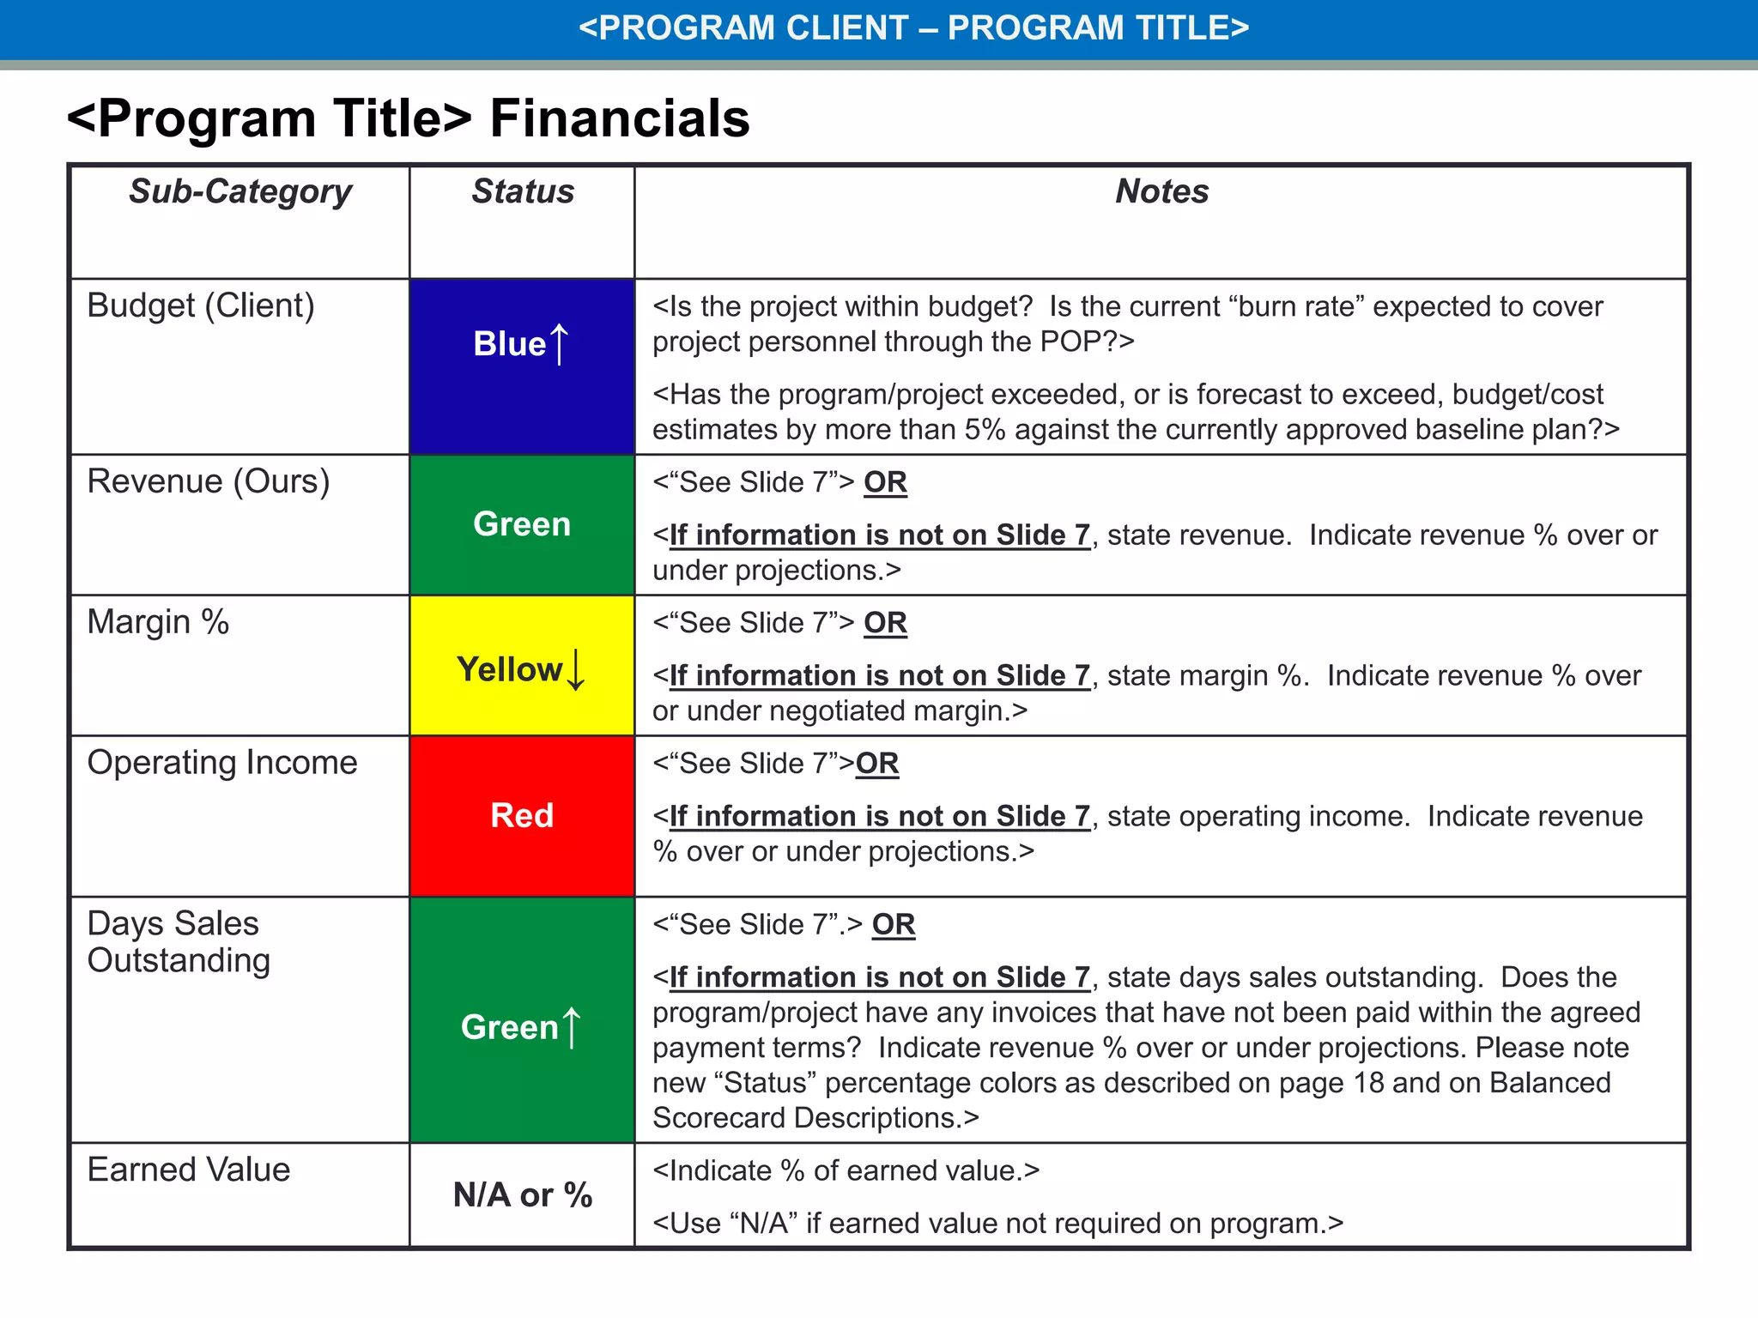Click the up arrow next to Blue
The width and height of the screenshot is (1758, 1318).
pos(559,344)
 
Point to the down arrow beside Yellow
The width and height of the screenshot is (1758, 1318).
pos(576,670)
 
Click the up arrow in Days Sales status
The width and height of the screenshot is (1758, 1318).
pos(572,1027)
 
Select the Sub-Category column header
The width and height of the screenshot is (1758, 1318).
pos(240,191)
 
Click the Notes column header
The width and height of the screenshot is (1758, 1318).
pos(1161,191)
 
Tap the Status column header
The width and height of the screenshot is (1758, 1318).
pos(522,191)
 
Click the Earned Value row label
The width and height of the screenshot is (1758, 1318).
pos(189,1170)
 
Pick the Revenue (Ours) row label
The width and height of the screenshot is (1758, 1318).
pos(209,481)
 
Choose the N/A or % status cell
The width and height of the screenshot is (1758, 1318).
pos(522,1195)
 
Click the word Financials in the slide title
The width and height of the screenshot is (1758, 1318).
pos(619,118)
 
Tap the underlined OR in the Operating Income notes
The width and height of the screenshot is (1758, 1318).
pos(877,764)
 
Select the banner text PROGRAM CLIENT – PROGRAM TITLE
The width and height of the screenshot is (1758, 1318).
pos(913,28)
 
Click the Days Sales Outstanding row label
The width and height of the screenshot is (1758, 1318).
pos(179,941)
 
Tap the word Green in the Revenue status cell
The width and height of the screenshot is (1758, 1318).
pos(522,524)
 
